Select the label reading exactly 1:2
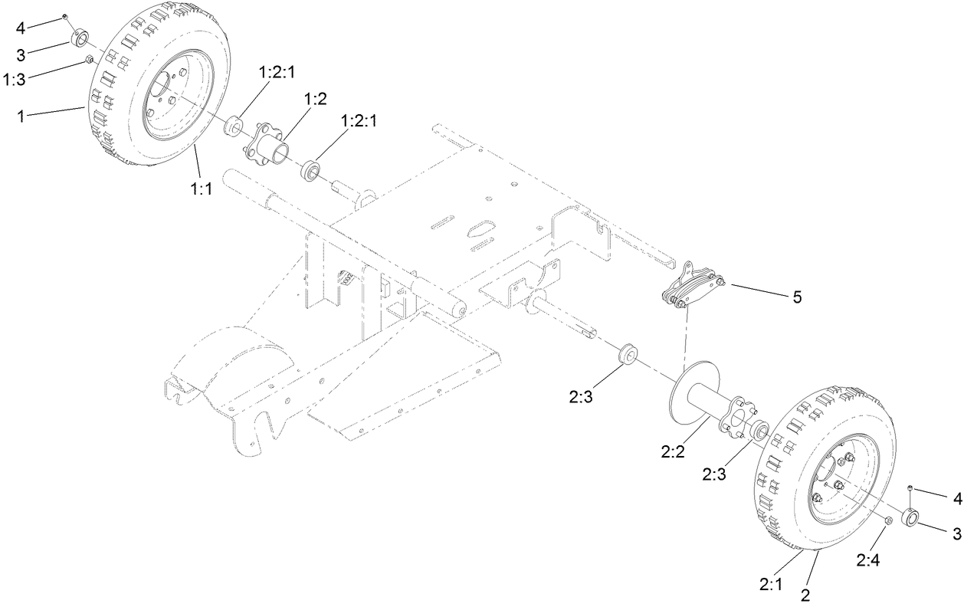click(x=316, y=99)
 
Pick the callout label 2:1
click(x=771, y=583)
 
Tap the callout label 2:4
click(x=868, y=560)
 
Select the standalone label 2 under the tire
click(x=806, y=594)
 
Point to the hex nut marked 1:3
click(x=90, y=59)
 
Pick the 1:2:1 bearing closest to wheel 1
click(x=233, y=125)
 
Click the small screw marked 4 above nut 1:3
click(x=67, y=16)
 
